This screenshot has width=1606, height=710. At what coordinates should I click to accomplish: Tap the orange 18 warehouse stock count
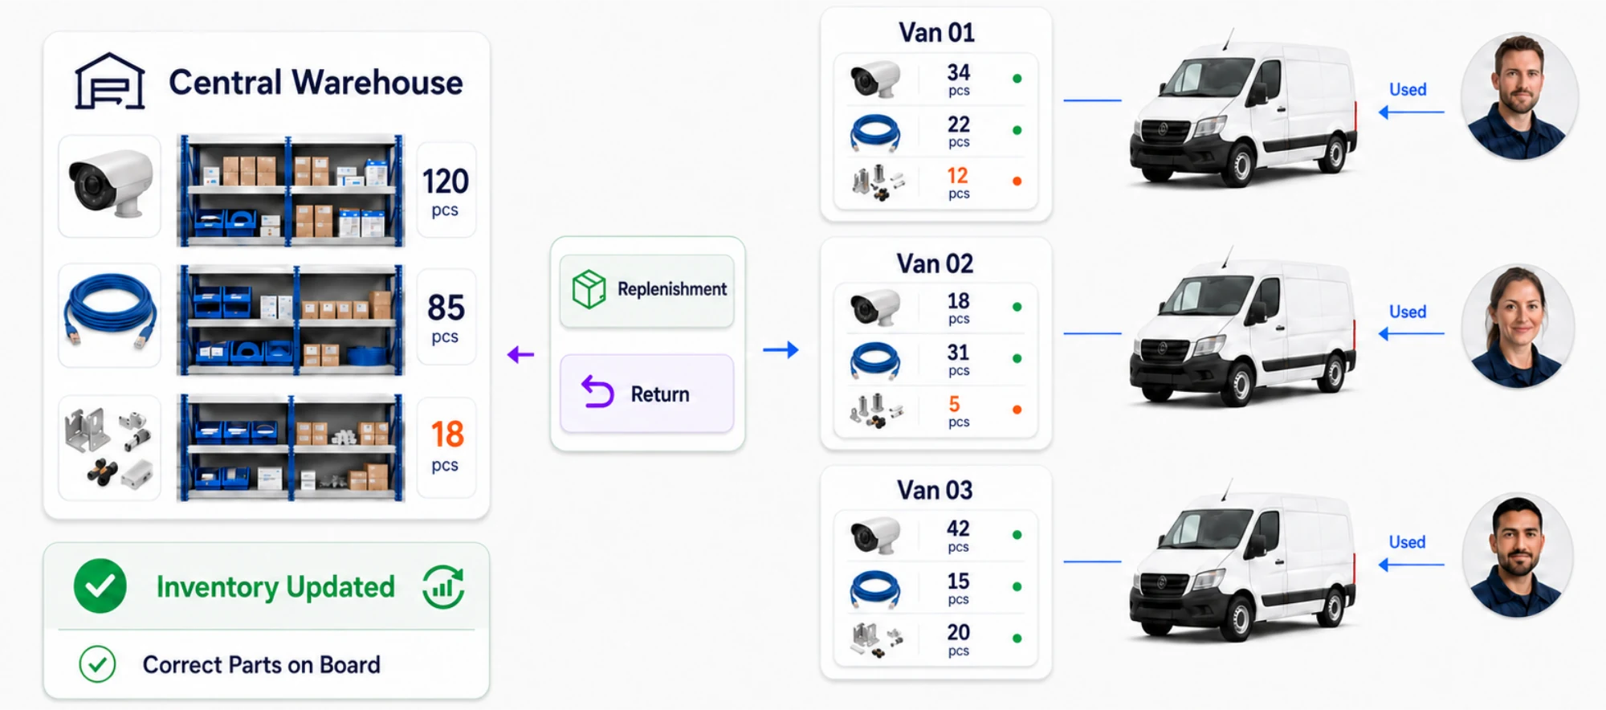pos(447,435)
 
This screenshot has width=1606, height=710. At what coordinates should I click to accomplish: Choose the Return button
pos(646,394)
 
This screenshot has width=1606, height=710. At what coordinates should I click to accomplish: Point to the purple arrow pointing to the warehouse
pos(520,354)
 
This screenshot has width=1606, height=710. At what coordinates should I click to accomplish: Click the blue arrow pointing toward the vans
pos(781,349)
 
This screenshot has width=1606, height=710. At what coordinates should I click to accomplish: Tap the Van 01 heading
pos(936,33)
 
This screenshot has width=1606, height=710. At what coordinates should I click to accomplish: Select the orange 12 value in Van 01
pos(957,175)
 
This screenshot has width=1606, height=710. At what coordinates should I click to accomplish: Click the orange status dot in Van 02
pos(1017,410)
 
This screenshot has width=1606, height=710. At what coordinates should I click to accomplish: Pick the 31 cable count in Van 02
pos(958,353)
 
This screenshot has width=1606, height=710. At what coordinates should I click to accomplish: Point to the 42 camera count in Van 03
pos(958,528)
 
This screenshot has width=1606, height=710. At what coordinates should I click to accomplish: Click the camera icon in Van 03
pos(875,535)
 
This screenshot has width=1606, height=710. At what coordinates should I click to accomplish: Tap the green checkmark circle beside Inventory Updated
pos(100,586)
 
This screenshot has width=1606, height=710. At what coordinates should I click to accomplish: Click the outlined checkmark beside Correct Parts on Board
pos(97,664)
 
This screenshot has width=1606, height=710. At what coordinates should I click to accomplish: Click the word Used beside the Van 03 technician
pos(1408,542)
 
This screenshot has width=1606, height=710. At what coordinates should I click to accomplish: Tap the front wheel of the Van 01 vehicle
pos(1240,165)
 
